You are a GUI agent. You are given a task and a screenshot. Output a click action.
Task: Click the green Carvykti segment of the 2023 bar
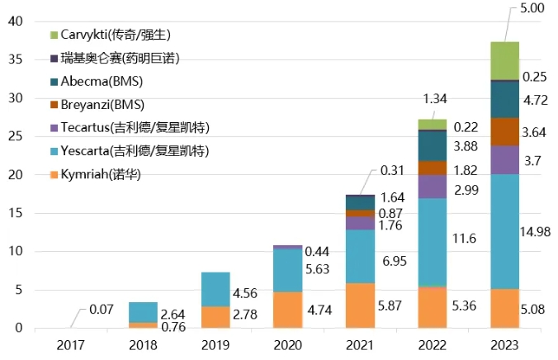pyautogui.click(x=505, y=60)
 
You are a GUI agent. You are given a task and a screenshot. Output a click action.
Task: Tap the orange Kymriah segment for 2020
pyautogui.click(x=287, y=310)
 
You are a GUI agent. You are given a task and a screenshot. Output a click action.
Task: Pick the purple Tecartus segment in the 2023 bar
pyautogui.click(x=505, y=159)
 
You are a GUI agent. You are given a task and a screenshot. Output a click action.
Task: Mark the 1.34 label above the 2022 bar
pyautogui.click(x=435, y=99)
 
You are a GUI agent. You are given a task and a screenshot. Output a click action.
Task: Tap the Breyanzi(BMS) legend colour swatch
pyautogui.click(x=54, y=105)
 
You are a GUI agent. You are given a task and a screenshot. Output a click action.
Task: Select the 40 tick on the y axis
pyautogui.click(x=16, y=22)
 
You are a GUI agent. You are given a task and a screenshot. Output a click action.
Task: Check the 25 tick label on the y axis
pyautogui.click(x=16, y=137)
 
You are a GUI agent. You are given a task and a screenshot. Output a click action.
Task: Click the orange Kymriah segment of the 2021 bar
pyautogui.click(x=360, y=306)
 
